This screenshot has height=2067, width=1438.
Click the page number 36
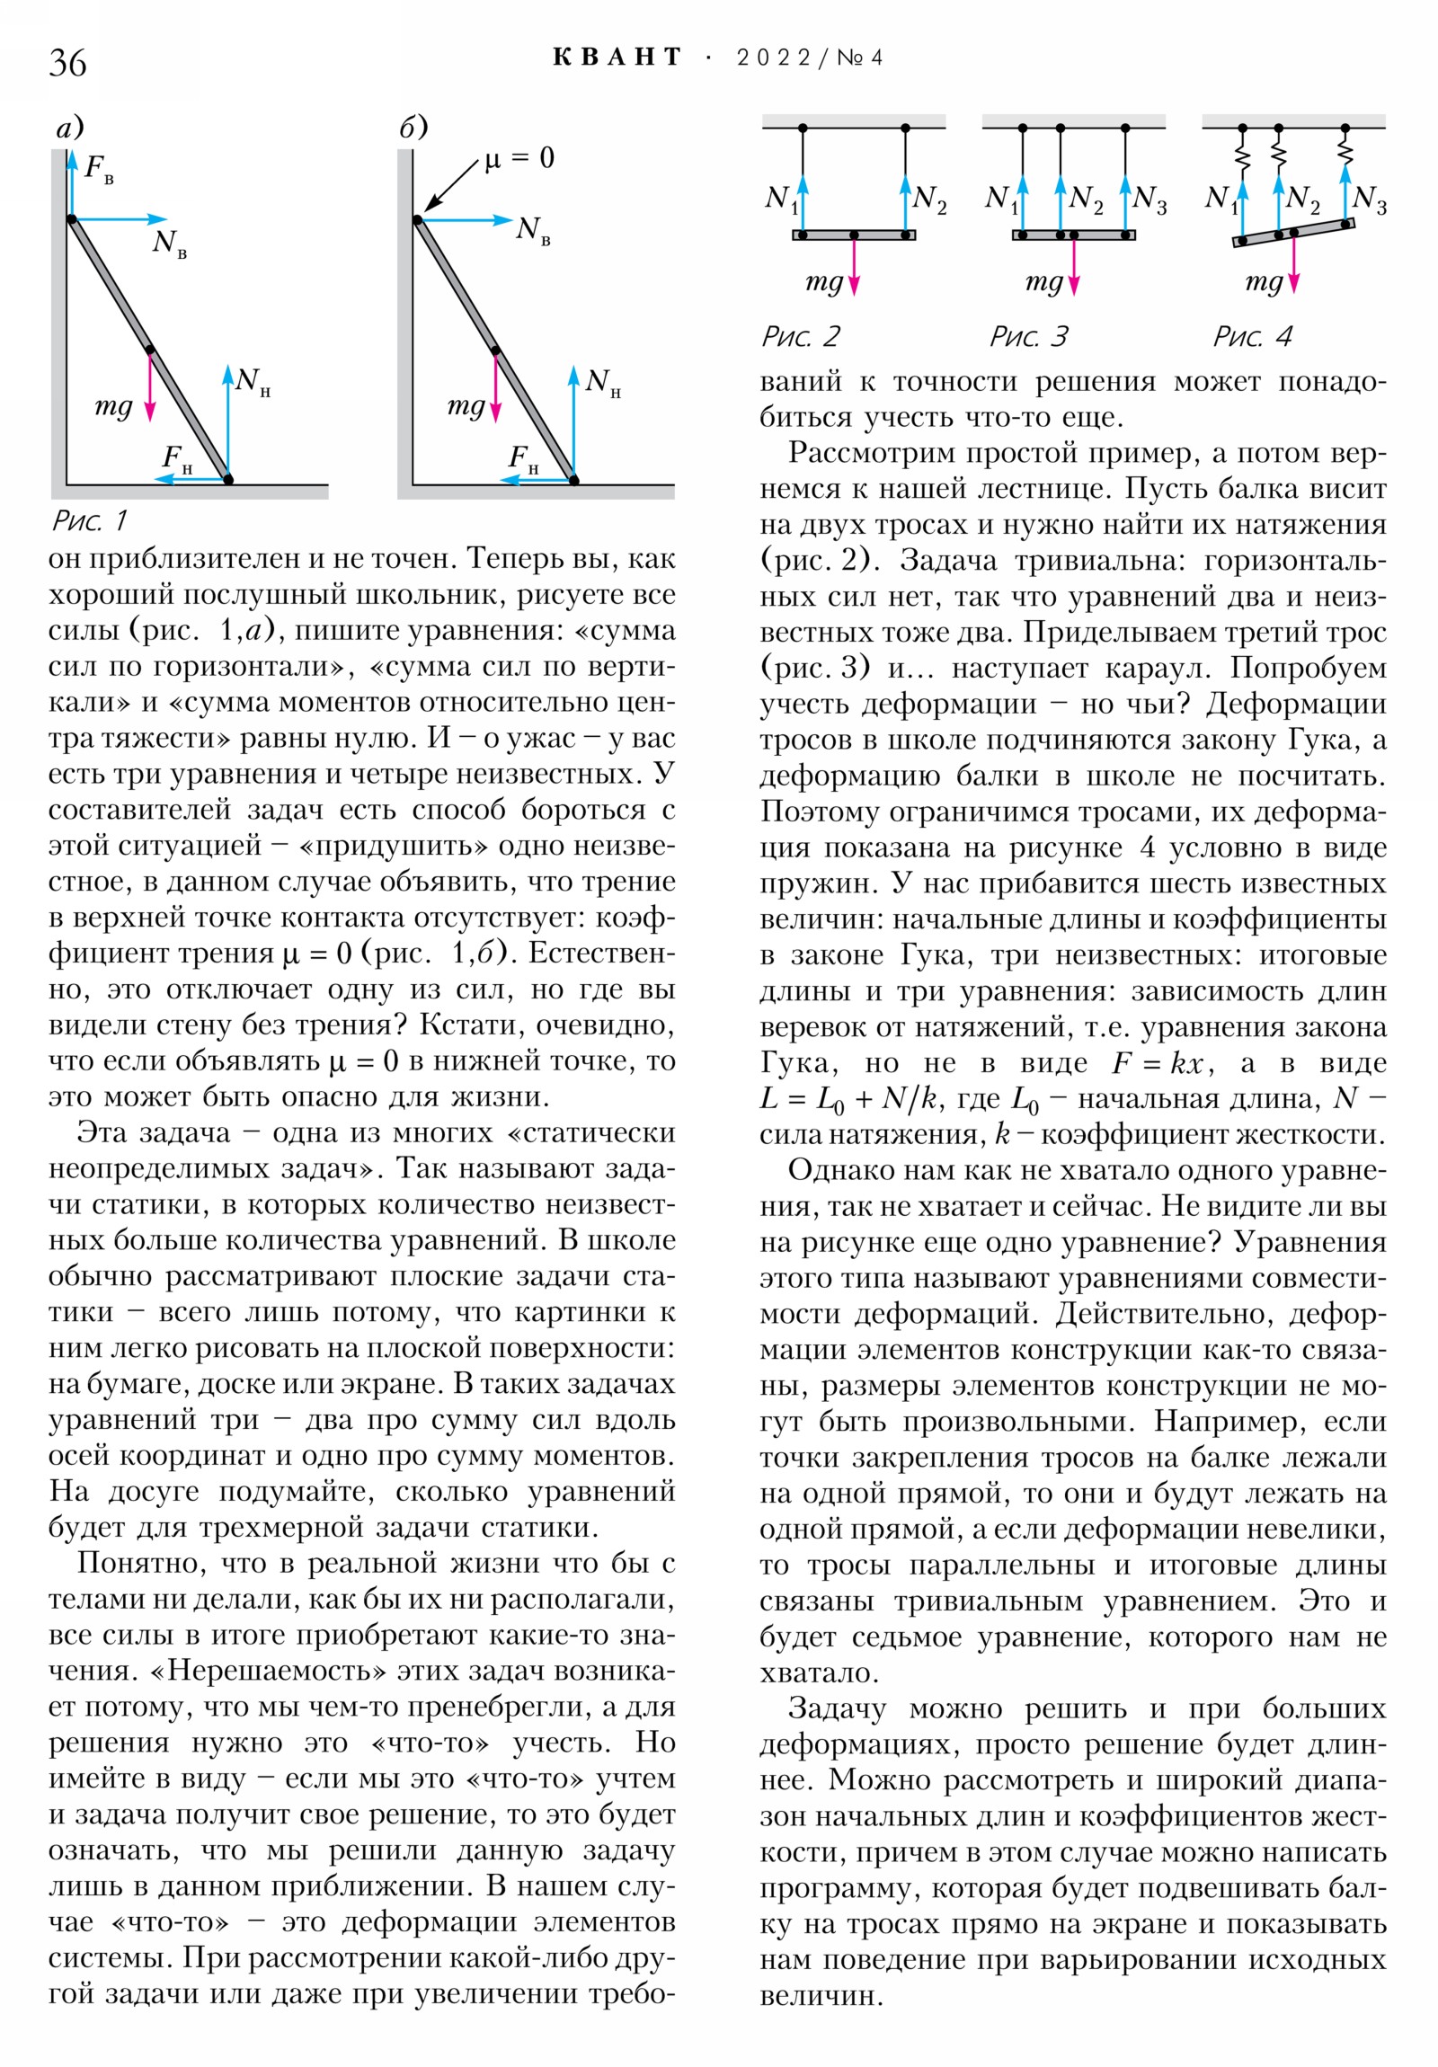[67, 63]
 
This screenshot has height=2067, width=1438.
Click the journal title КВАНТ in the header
[617, 58]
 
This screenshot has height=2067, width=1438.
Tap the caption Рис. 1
[90, 520]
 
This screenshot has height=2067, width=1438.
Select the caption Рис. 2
[800, 337]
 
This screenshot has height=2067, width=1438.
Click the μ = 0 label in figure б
[519, 159]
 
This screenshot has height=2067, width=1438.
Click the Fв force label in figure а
[98, 168]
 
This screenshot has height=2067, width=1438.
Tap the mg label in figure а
[113, 407]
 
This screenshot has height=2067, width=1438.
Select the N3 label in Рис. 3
[1149, 199]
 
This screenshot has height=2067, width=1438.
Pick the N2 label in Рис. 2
[928, 199]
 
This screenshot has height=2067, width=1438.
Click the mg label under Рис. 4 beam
[1264, 282]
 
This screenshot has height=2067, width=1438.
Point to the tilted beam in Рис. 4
[1293, 233]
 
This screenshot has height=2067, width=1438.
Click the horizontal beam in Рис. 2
[854, 235]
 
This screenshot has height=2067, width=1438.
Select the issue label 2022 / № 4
[809, 58]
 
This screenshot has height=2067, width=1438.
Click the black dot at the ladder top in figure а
[72, 218]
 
